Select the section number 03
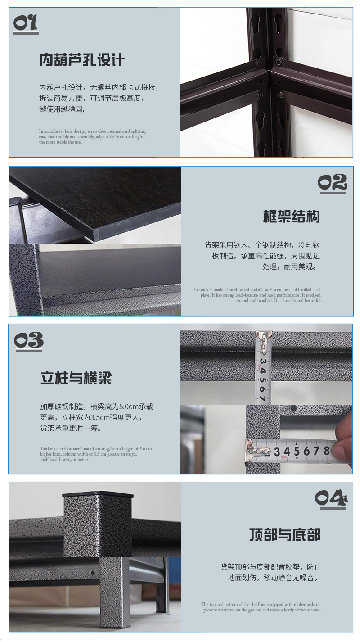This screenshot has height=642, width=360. click(28, 342)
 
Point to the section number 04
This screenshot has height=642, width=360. click(331, 498)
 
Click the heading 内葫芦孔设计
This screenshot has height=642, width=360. click(82, 60)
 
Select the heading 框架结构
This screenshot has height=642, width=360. click(291, 217)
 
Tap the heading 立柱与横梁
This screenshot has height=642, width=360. click(76, 378)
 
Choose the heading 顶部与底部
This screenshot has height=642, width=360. click(284, 535)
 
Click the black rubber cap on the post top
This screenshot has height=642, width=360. click(98, 494)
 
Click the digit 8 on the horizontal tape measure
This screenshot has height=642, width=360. click(326, 451)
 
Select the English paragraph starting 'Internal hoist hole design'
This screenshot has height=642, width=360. click(92, 136)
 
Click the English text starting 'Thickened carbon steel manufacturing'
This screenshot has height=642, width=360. click(95, 454)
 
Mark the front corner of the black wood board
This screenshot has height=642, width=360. click(96, 235)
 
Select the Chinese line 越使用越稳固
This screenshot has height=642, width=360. click(63, 109)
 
